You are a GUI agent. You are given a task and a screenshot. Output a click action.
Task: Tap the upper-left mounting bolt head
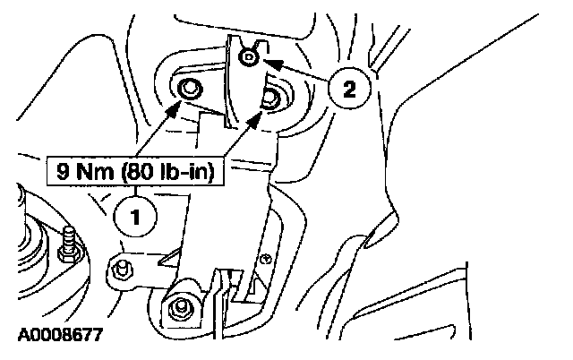click(x=190, y=88)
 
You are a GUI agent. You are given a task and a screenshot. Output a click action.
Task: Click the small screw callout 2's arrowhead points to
click(x=250, y=58)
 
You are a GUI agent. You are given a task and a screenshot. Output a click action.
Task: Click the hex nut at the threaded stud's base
click(x=68, y=254)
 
